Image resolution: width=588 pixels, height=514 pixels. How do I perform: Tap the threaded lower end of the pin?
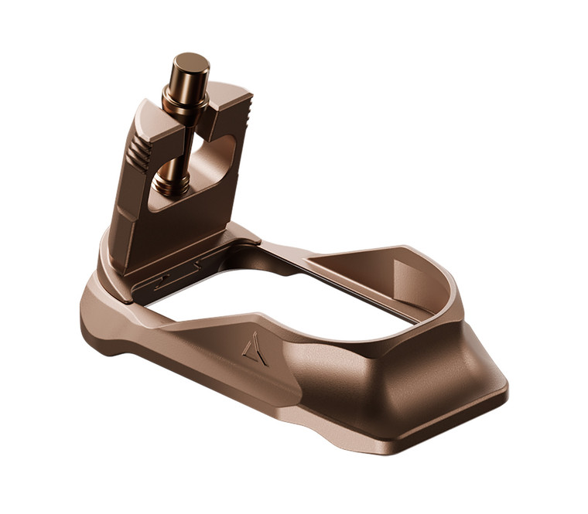point(172,184)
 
